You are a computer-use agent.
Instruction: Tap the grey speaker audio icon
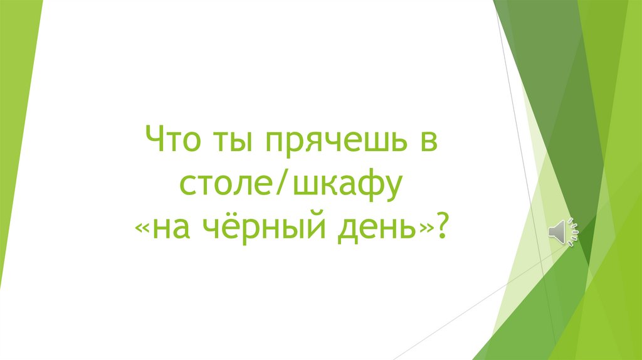pos(562,233)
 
